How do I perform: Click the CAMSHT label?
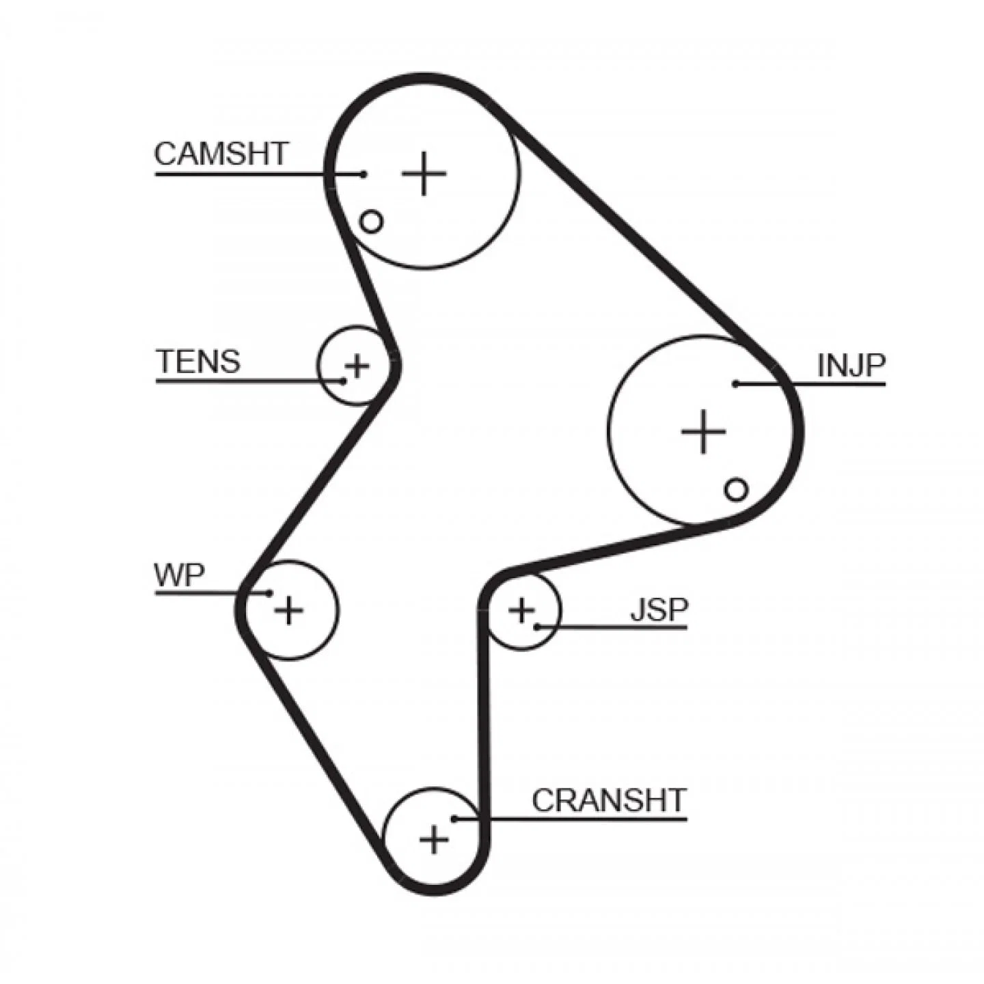[221, 154]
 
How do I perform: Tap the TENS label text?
[198, 361]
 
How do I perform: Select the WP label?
[179, 575]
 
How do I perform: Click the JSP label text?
[659, 609]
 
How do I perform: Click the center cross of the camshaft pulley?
[424, 173]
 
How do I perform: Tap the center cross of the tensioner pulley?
[357, 366]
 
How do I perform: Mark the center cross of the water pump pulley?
[289, 610]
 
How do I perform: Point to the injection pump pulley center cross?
[704, 431]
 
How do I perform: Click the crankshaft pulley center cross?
[434, 853]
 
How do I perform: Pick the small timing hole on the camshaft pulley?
[371, 222]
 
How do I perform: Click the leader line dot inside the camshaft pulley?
[364, 174]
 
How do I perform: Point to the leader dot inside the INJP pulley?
[736, 384]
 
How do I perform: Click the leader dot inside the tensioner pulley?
[344, 381]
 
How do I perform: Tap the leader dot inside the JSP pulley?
[536, 627]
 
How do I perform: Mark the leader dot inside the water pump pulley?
[270, 593]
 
